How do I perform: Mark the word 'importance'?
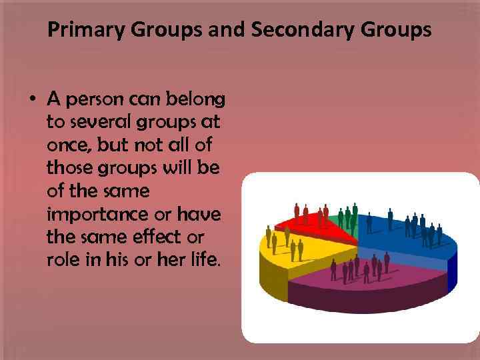[x=96, y=214]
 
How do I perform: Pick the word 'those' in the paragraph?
[x=69, y=168]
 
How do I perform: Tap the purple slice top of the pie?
[x=367, y=273]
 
